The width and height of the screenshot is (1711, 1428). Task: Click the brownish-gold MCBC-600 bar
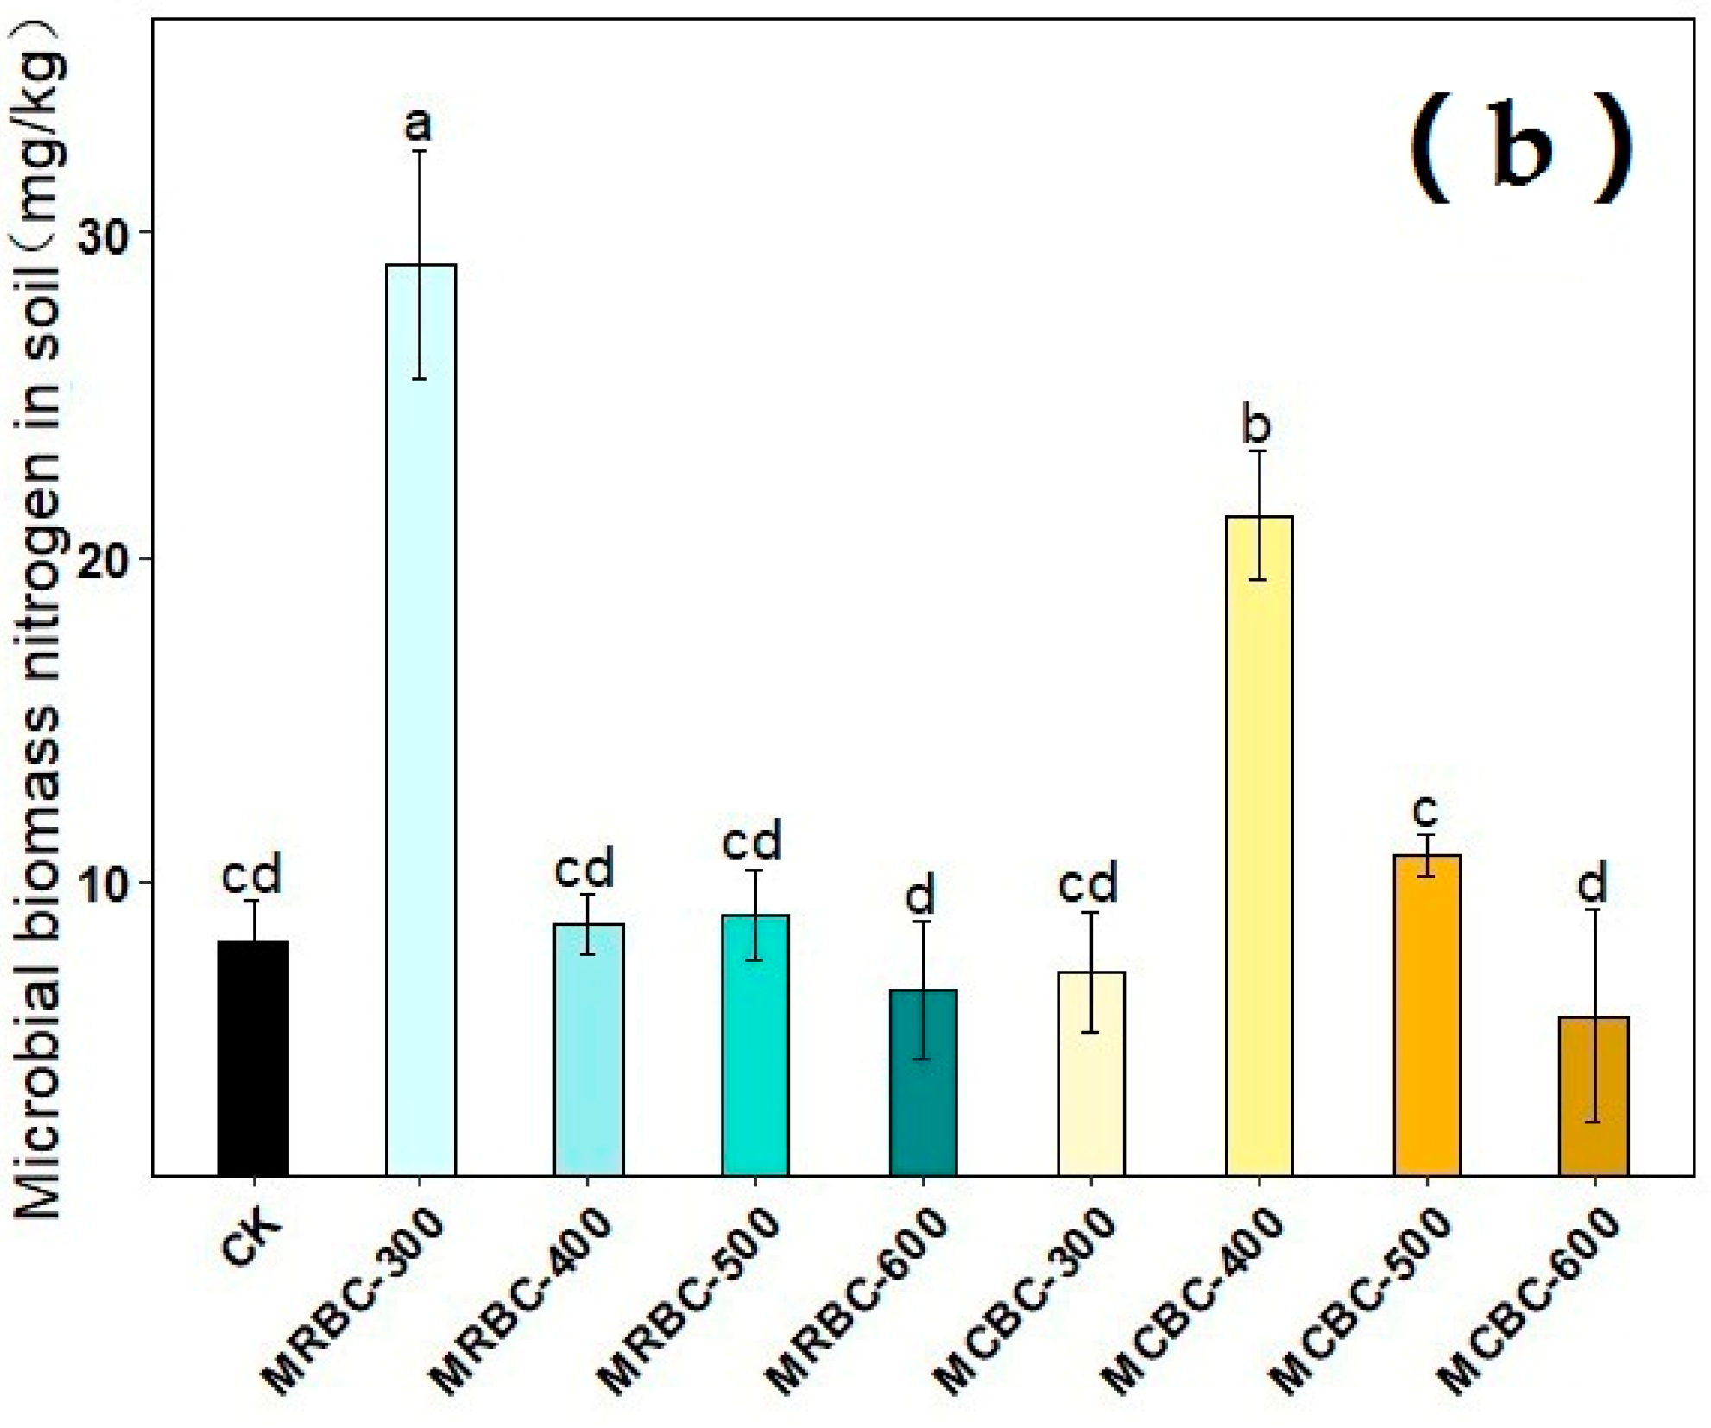1594,1096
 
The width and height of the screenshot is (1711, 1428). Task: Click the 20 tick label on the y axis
103,559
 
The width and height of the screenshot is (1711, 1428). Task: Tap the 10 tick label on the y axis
103,883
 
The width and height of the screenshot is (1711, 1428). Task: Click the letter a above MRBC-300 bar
419,125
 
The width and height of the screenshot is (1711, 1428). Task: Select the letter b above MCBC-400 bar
1257,425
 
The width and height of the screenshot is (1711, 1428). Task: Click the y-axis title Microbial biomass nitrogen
39,621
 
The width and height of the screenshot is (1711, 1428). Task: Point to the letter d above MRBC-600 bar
920,896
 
